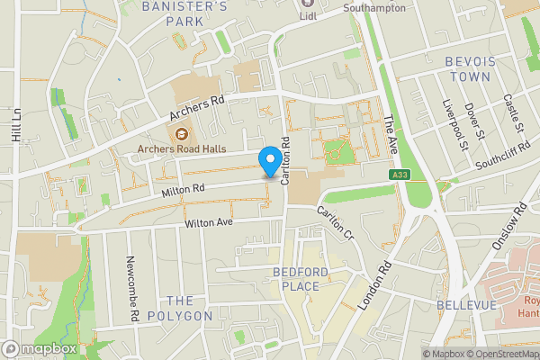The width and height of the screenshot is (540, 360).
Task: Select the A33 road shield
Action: tap(400, 174)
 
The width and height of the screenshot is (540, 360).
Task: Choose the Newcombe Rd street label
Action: tap(131, 287)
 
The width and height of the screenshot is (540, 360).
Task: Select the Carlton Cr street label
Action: tap(334, 221)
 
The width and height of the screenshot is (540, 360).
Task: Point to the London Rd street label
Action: tap(375, 286)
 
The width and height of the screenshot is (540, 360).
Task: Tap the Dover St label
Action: tap(475, 121)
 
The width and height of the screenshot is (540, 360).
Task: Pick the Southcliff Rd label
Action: tap(506, 152)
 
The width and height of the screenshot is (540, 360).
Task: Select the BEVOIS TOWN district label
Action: tap(467, 69)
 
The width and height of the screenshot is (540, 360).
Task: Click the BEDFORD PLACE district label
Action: tap(296, 279)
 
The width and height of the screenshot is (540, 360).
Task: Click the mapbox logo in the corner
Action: tap(39, 348)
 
